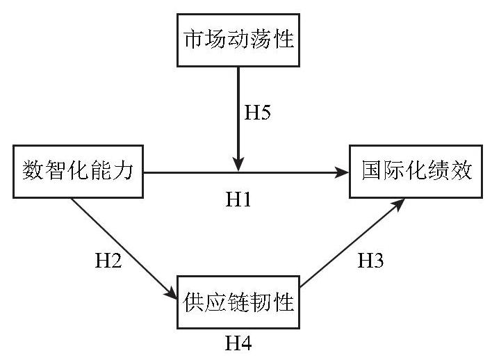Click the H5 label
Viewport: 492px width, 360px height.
[x=257, y=112]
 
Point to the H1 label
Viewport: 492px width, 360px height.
[x=238, y=199]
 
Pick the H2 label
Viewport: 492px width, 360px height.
[x=108, y=260]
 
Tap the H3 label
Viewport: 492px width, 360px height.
[x=370, y=260]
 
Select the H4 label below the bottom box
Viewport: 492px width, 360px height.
[x=238, y=343]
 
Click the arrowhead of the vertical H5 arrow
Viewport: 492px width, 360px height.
[x=238, y=164]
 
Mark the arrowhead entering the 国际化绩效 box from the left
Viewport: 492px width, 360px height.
[x=342, y=172]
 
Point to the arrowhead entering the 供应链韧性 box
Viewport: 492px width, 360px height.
[x=172, y=293]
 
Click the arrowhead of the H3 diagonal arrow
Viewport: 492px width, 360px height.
[x=397, y=204]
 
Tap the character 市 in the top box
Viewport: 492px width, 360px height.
[x=194, y=39]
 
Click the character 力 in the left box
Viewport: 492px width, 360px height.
[x=123, y=170]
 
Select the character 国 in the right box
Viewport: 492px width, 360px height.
[x=372, y=170]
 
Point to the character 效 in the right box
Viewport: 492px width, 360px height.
[x=461, y=170]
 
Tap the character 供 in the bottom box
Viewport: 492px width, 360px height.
[x=194, y=302]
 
